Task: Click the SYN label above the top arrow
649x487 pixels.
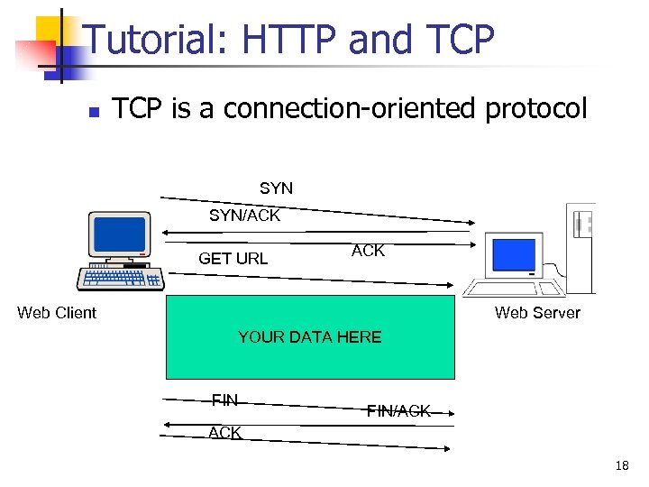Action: point(276,188)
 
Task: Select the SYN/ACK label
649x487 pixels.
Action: point(244,216)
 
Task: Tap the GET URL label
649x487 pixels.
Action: point(233,259)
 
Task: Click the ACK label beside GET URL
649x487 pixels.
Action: point(368,251)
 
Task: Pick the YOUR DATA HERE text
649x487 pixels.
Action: point(309,337)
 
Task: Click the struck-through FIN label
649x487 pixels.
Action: point(224,400)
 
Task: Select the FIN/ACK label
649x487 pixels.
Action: point(398,411)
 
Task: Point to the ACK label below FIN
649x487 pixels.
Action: point(224,433)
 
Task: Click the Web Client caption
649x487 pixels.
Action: point(57,313)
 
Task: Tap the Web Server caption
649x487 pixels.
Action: point(537,313)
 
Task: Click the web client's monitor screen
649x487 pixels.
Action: point(120,234)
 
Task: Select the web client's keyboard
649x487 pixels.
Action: point(120,278)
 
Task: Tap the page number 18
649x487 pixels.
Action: point(621,466)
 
